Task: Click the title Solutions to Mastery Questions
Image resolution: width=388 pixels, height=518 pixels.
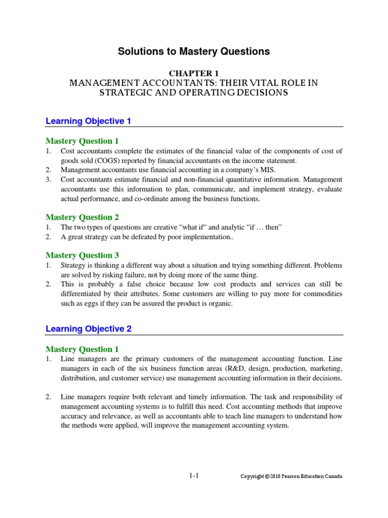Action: tap(194, 52)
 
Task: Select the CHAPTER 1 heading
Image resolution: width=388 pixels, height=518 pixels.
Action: tap(193, 73)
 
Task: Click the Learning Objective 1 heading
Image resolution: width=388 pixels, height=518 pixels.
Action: tap(88, 121)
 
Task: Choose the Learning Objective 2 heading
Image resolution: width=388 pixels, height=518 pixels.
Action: tap(88, 329)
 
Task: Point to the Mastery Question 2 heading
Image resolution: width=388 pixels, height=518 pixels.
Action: tap(82, 217)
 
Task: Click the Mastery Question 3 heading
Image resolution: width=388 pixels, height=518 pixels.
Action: tap(82, 255)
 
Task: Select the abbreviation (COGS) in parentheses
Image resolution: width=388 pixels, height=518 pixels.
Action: tap(117, 160)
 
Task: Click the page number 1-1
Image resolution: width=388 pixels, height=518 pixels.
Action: tap(194, 476)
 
